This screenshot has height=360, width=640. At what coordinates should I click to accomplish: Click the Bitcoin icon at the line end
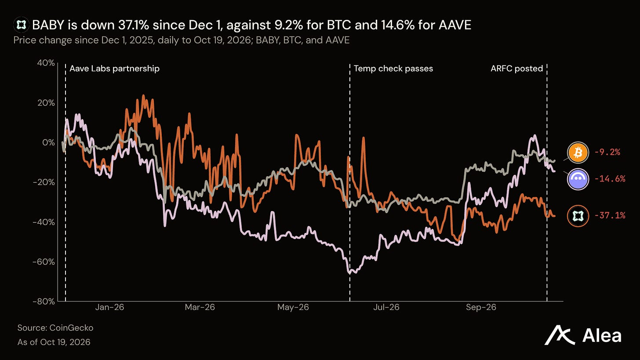tap(578, 153)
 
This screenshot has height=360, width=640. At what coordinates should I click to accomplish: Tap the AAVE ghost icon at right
tap(578, 179)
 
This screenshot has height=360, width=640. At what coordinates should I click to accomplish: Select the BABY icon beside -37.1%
tap(578, 216)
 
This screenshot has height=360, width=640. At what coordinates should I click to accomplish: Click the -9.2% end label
tap(607, 152)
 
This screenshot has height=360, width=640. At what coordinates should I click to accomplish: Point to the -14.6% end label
tap(610, 179)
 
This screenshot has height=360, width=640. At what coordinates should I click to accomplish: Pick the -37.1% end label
tap(610, 215)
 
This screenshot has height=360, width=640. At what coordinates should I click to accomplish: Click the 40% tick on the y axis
tap(46, 63)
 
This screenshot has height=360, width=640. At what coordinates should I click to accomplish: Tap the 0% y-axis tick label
tap(48, 142)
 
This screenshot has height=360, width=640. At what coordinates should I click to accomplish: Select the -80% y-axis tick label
tap(44, 302)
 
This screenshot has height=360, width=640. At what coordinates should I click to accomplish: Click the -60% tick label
tap(44, 262)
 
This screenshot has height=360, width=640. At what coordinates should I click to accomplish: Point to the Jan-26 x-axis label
tap(110, 307)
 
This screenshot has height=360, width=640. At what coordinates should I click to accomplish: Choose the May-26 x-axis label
tap(293, 307)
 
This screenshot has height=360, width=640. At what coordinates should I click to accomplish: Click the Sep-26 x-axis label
tap(481, 307)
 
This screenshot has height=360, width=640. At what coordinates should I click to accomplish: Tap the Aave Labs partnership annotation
tap(115, 69)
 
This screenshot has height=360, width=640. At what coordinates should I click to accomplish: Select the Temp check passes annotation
tap(393, 69)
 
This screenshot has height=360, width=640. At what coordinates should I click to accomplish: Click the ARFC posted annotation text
tap(517, 69)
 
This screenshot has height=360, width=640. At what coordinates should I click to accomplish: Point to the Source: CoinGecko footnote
tap(55, 328)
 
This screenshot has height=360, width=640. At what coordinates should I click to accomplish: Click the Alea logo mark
tap(560, 335)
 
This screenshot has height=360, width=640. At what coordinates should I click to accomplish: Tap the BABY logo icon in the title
tap(21, 25)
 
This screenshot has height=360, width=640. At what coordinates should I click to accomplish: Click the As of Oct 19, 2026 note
tap(54, 342)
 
